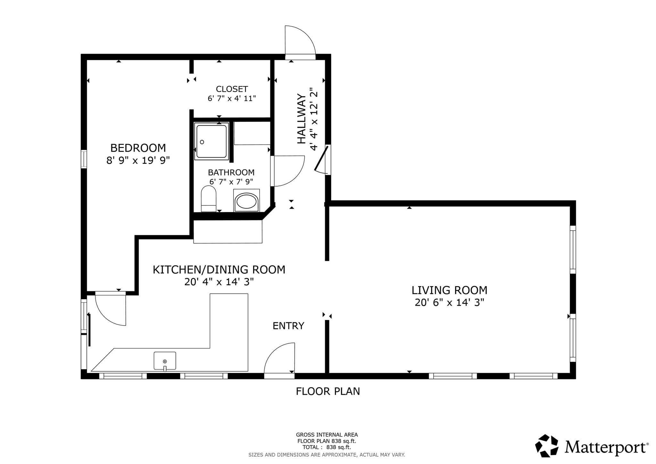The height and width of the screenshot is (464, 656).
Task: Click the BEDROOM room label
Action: click(138, 148)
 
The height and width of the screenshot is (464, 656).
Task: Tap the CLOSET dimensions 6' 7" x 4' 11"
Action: click(232, 98)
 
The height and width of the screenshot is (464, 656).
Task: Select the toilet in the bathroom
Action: click(209, 199)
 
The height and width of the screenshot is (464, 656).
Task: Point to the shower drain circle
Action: click(202, 142)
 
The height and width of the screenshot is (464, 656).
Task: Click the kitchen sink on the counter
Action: click(165, 361)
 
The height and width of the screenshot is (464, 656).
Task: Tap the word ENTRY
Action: click(288, 326)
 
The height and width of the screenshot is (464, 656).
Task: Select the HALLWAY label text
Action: click(301, 119)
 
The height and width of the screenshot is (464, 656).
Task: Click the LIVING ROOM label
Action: click(449, 290)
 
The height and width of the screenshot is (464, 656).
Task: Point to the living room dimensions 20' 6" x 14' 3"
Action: click(449, 302)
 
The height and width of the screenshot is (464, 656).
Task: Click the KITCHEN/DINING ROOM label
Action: click(219, 270)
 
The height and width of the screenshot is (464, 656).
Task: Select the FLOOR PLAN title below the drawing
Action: click(328, 391)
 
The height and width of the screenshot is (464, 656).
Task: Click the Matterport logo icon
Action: click(547, 445)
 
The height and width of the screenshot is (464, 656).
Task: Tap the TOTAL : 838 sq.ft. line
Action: click(327, 447)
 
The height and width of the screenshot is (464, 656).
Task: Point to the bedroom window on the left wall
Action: click(84, 159)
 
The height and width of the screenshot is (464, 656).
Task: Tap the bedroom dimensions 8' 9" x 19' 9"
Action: click(138, 160)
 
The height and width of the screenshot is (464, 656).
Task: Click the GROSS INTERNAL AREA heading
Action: click(327, 435)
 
